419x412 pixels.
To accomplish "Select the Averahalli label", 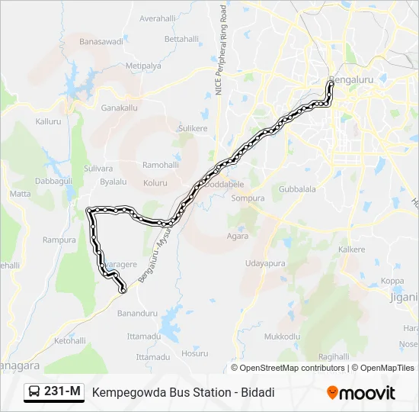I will click(x=158, y=18).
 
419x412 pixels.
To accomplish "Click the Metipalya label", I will click(x=143, y=66).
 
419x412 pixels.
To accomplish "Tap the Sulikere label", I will click(x=192, y=129).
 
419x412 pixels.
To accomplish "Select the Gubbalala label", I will click(x=297, y=188).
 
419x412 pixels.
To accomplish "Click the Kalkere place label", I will click(x=352, y=249).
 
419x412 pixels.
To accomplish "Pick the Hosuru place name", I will click(x=195, y=353).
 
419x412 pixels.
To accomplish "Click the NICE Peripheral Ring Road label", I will click(x=221, y=50).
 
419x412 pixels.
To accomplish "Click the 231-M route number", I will click(x=62, y=392).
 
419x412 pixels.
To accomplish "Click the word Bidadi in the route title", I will click(x=256, y=393).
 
